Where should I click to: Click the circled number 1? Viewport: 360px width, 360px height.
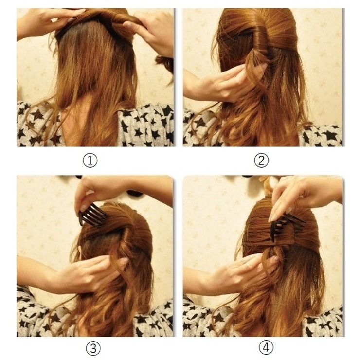pyautogui.click(x=90, y=161)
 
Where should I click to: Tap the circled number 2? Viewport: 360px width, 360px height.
pyautogui.click(x=261, y=161)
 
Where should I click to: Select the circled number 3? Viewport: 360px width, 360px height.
pyautogui.click(x=93, y=348)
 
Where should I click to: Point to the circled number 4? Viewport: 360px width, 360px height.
pyautogui.click(x=266, y=348)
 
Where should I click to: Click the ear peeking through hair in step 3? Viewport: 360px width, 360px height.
pyautogui.click(x=80, y=250)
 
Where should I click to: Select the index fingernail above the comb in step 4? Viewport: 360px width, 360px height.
pyautogui.click(x=271, y=217)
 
